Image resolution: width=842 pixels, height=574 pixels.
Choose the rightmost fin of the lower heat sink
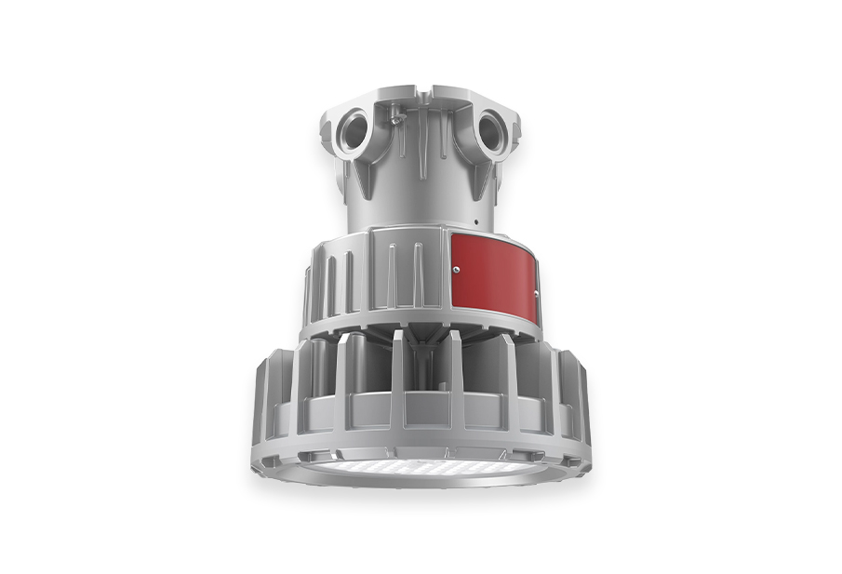pyautogui.click(x=579, y=391)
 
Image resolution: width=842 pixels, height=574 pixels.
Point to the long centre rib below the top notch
pyautogui.click(x=422, y=140)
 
